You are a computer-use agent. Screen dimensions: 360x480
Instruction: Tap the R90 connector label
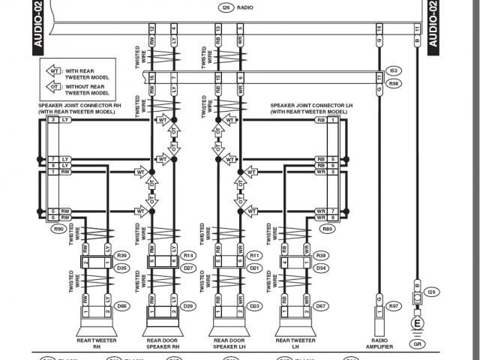point(58,228)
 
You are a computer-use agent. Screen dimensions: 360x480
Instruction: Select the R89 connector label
point(327,228)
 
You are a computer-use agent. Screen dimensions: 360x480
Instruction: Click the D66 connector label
point(121,306)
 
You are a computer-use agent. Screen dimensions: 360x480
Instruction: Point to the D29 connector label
point(188,306)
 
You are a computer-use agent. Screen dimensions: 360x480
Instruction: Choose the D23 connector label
point(255,306)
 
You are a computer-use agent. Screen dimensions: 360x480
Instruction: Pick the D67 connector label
point(322,306)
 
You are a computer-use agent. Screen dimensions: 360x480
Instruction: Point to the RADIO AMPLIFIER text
point(379,343)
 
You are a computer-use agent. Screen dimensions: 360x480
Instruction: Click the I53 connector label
point(394,70)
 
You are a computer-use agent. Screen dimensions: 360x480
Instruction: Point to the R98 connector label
point(394,84)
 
